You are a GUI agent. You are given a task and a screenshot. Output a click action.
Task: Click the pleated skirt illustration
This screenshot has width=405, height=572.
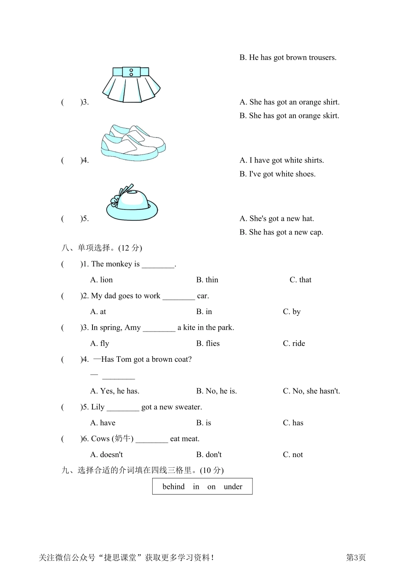[x=131, y=85]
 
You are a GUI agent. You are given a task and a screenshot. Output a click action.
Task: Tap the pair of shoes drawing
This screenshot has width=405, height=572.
[x=133, y=143]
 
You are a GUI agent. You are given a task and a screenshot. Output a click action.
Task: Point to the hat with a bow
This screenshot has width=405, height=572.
[x=132, y=202]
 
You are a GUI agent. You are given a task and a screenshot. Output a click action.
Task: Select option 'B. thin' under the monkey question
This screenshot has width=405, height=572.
[x=207, y=280]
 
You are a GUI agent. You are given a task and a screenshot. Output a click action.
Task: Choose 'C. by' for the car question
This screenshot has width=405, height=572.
[x=292, y=312]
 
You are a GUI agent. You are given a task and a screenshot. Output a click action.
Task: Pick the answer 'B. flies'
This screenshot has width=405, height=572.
[x=208, y=343]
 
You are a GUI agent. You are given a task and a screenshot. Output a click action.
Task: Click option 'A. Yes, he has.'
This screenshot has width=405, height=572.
[x=115, y=391]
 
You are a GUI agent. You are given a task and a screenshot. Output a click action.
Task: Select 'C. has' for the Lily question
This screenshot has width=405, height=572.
[x=293, y=423]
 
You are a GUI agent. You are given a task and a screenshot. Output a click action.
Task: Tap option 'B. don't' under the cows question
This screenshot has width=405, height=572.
[x=209, y=455]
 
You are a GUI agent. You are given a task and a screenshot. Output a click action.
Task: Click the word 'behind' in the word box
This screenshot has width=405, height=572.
[x=174, y=487]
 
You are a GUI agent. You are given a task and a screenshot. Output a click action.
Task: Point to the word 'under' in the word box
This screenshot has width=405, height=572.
[x=233, y=487]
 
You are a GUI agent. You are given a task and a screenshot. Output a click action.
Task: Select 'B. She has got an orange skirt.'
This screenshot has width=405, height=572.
[x=289, y=116]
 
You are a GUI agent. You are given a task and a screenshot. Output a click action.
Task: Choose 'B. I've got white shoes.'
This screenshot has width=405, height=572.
[x=278, y=174]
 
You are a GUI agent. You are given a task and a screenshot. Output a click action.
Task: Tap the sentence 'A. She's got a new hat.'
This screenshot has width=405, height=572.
[x=277, y=219]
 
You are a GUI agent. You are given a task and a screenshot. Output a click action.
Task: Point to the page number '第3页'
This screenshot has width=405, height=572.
[x=356, y=558]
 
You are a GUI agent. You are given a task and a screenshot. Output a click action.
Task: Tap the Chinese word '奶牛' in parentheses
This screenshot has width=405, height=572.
[x=123, y=439]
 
